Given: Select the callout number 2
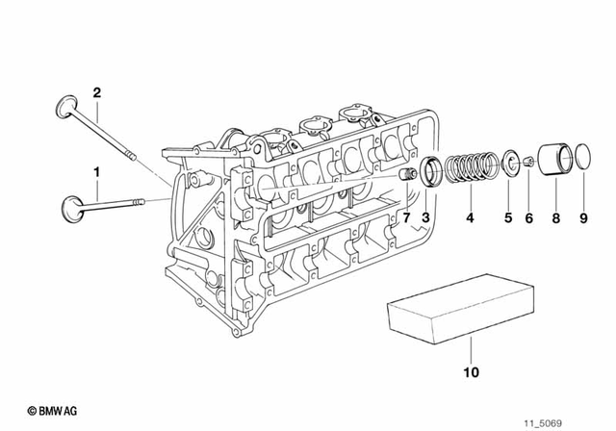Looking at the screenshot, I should point(96,92).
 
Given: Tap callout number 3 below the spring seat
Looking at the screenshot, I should point(426,218).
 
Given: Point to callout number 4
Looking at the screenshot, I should point(470,218).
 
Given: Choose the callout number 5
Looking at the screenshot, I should point(508,218).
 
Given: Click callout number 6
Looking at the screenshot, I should point(528,218).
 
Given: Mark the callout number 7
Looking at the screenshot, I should point(406,218).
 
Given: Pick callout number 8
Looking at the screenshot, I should point(555,218).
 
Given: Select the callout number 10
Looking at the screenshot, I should point(471,371).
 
